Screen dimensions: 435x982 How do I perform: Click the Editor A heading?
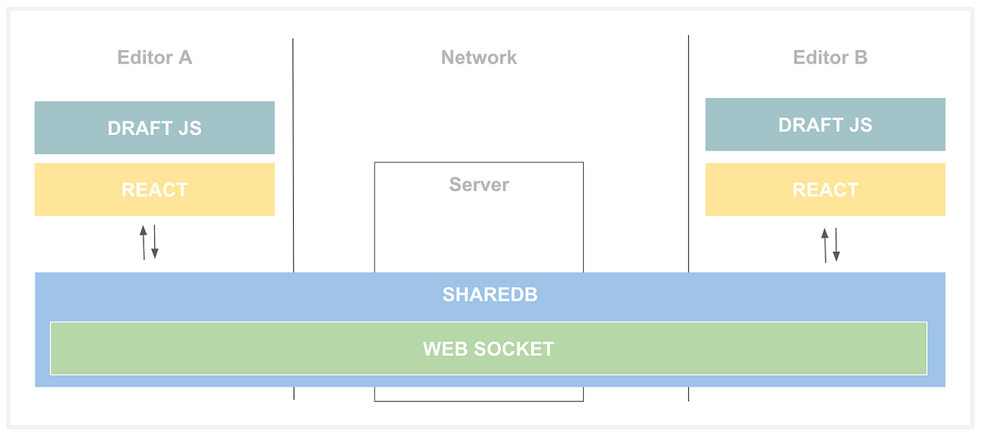click(154, 58)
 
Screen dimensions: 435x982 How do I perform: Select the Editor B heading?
click(830, 58)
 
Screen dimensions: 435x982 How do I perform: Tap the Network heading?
click(479, 58)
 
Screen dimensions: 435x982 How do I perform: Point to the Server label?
click(479, 185)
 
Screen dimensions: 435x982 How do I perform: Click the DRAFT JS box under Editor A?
click(154, 128)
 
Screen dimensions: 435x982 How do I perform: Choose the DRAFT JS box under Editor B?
click(825, 125)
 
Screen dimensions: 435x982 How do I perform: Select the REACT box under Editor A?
click(154, 189)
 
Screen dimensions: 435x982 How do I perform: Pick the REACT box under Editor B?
click(825, 189)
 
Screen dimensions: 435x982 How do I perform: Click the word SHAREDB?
click(489, 295)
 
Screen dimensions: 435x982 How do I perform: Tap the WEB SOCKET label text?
click(488, 349)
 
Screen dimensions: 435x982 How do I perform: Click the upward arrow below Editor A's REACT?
click(143, 242)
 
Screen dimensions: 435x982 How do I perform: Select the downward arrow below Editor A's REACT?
click(154, 242)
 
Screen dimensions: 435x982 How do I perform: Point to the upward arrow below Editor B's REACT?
click(825, 245)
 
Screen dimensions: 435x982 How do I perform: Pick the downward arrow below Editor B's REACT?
click(836, 245)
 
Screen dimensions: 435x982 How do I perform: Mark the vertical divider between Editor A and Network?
click(293, 153)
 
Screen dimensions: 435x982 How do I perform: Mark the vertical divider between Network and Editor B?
click(688, 153)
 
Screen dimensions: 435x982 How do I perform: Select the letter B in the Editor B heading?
click(860, 58)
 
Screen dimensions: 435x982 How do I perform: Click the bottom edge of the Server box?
click(479, 401)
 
